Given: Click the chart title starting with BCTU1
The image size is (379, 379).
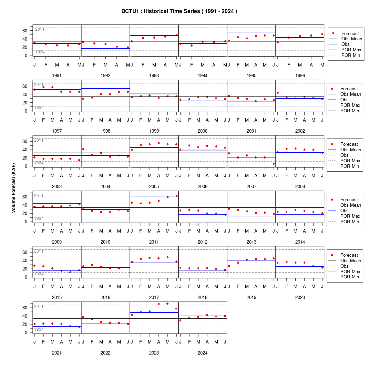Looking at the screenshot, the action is pyautogui.click(x=179, y=11).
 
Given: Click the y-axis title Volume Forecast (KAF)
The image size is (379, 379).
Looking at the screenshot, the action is pyautogui.click(x=13, y=188).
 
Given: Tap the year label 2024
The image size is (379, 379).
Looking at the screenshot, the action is pyautogui.click(x=203, y=353).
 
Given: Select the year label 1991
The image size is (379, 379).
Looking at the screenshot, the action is pyautogui.click(x=57, y=76).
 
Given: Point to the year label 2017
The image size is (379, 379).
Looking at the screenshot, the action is pyautogui.click(x=154, y=298).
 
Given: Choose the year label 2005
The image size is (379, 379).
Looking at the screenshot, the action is pyautogui.click(x=154, y=187).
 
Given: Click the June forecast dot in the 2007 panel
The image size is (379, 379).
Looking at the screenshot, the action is pyautogui.click(x=274, y=164).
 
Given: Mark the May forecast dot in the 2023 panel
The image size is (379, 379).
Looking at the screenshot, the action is pyautogui.click(x=167, y=304).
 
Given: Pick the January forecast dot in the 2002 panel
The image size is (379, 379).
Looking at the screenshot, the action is pyautogui.click(x=277, y=93).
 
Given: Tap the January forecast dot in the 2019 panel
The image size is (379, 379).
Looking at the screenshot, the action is pyautogui.click(x=229, y=266).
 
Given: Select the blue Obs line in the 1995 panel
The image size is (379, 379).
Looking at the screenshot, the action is pyautogui.click(x=252, y=32).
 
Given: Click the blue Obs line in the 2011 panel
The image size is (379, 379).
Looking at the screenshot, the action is pyautogui.click(x=154, y=196).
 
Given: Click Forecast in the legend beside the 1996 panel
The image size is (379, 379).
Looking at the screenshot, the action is pyautogui.click(x=350, y=34).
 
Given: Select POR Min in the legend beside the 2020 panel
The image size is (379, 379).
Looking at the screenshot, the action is pyautogui.click(x=350, y=277).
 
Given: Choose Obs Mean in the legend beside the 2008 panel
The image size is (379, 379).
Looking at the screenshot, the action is pyautogui.click(x=351, y=150).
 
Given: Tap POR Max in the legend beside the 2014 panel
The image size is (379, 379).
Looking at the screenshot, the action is pyautogui.click(x=350, y=216).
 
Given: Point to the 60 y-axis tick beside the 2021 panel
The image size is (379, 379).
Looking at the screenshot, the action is pyautogui.click(x=25, y=308).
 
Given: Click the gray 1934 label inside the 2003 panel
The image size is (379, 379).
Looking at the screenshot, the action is pyautogui.click(x=39, y=163).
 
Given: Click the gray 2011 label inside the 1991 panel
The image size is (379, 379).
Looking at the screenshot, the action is pyautogui.click(x=40, y=29).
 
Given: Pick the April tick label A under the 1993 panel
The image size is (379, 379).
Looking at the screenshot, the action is pyautogui.click(x=165, y=65).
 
